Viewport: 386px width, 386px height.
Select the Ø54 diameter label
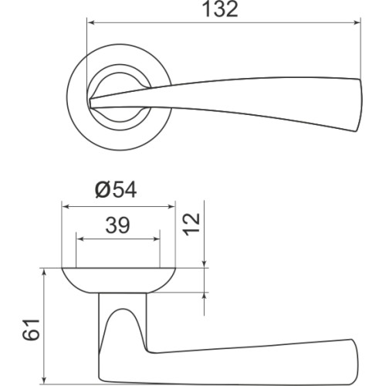116,190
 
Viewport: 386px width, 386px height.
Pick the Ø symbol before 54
103,190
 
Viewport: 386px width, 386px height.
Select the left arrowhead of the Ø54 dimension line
66,207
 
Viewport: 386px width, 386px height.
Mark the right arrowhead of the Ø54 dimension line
171,207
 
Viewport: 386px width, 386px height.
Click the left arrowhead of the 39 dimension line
80,239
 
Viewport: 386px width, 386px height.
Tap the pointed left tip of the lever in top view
93,101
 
